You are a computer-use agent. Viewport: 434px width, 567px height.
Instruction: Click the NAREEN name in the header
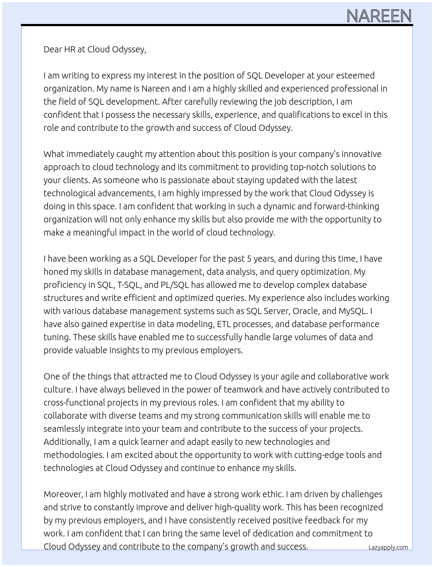coord(379,16)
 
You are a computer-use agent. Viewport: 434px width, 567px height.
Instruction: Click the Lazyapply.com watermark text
coord(388,547)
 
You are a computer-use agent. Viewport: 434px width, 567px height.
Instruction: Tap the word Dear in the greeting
coord(53,49)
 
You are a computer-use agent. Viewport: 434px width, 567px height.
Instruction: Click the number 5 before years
coord(249,259)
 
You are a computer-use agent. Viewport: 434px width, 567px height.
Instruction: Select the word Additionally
coord(67,442)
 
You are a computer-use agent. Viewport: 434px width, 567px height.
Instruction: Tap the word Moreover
coord(63,494)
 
